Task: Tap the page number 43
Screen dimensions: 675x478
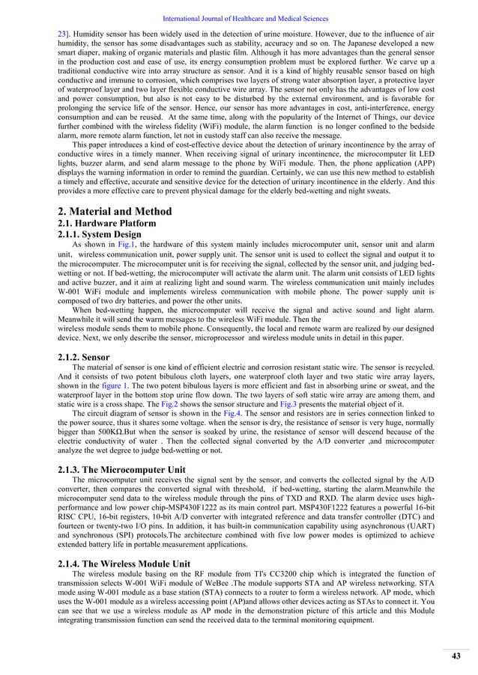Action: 456,656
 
